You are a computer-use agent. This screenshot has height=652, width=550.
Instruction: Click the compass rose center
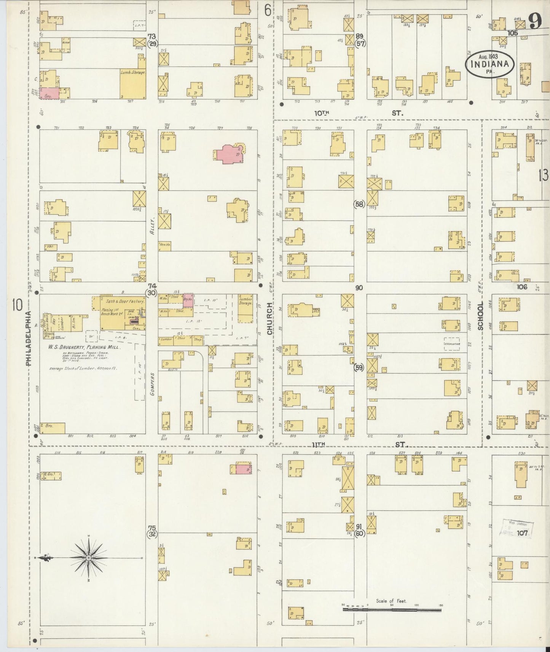[x=88, y=558]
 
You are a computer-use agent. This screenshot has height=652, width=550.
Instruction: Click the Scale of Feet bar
[x=392, y=610]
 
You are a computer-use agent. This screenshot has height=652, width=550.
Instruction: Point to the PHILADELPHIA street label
[x=29, y=339]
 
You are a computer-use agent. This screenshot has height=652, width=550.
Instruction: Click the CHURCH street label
[x=270, y=319]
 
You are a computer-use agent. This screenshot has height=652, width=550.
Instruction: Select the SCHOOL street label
[x=480, y=316]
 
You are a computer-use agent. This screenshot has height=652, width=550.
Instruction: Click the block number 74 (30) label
[x=152, y=289]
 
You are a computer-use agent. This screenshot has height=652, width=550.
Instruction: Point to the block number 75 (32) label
[x=152, y=531]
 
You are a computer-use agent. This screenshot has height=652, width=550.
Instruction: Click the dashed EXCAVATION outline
[x=452, y=343]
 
